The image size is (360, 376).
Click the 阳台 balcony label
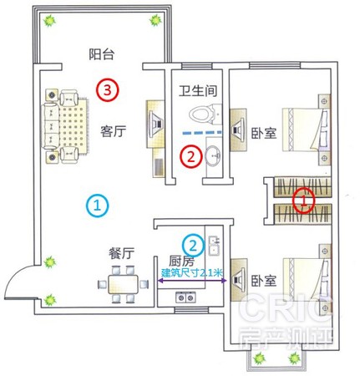click(x=102, y=54)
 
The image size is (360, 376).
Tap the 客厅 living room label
click(x=114, y=131)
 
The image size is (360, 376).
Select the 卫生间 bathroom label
click(x=198, y=91)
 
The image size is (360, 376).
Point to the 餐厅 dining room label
click(x=121, y=253)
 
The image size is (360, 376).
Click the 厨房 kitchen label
click(x=181, y=261)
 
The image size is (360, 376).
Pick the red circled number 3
click(x=108, y=90)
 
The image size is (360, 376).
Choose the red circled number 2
click(x=191, y=156)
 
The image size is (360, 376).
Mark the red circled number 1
click(x=304, y=201)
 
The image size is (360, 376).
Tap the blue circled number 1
click(x=97, y=206)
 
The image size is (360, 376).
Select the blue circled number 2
click(x=193, y=246)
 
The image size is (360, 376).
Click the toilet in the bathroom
click(x=205, y=114)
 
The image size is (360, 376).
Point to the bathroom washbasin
click(x=213, y=156)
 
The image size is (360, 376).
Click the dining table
click(x=123, y=284)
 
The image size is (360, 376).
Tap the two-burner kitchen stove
click(x=185, y=297)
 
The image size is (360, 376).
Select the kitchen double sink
click(x=214, y=246)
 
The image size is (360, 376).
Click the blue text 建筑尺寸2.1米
click(x=192, y=272)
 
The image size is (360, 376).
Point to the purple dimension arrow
click(x=192, y=281)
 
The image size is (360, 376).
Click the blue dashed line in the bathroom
click(x=202, y=133)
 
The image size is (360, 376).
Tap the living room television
click(x=155, y=124)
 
